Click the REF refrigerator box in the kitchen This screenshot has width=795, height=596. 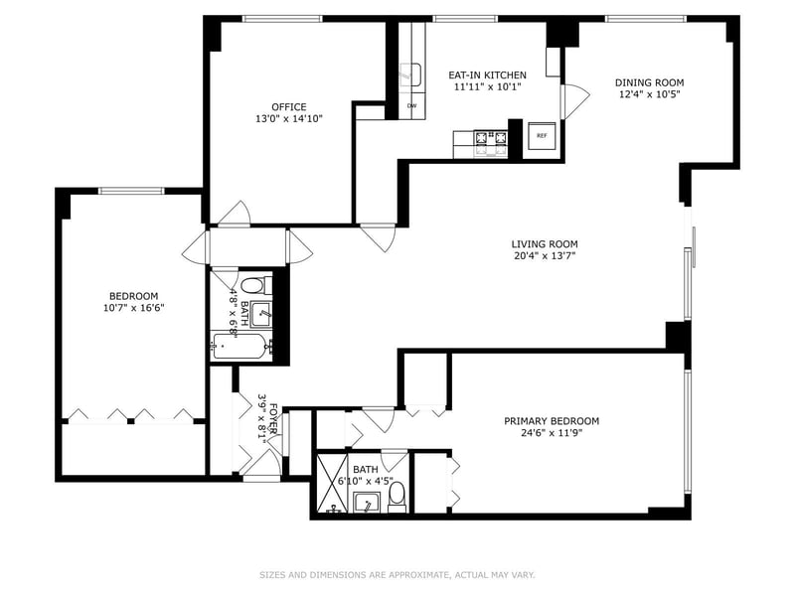coord(542,136)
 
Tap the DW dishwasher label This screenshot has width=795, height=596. coord(411,106)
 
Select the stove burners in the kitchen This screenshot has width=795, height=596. coord(490,143)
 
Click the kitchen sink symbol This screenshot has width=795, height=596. coord(410,75)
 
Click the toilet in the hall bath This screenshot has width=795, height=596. coord(256,285)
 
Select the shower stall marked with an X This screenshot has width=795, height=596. coord(332,483)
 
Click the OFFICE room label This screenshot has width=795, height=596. coord(289,107)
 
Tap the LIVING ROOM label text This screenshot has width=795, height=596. coord(545,244)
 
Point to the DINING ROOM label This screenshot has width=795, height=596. coord(650,82)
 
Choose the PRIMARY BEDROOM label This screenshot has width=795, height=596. coord(552,421)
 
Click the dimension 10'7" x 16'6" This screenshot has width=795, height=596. coord(134,308)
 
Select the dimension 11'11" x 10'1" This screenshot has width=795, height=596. coord(487,86)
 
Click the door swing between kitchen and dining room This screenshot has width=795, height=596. coord(575,101)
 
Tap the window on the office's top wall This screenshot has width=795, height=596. coord(282,19)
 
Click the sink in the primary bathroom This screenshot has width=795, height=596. coord(368,503)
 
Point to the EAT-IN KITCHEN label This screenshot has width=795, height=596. coord(487,75)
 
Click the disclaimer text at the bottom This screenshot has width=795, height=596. coord(397,575)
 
